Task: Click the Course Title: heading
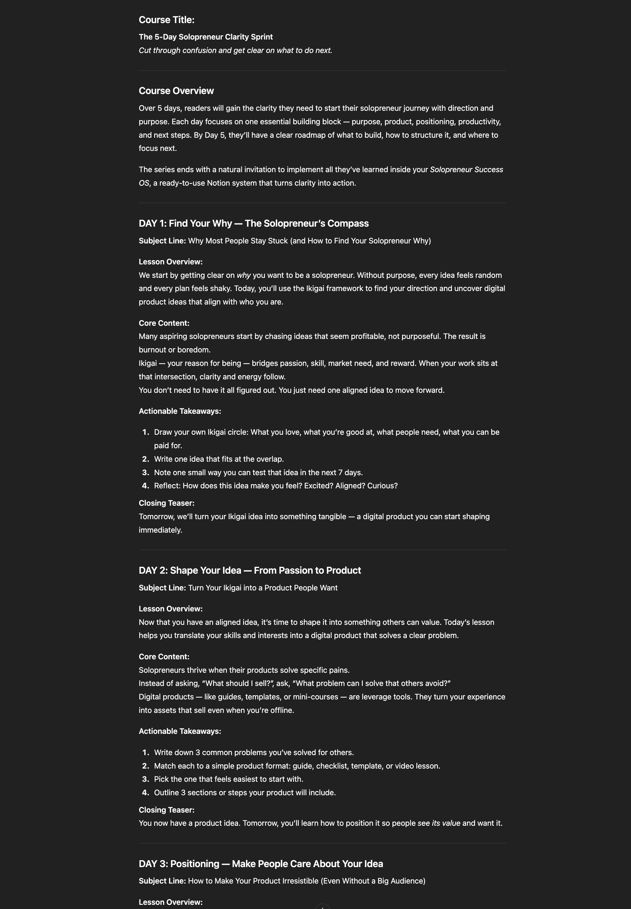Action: click(x=166, y=20)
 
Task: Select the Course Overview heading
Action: click(x=176, y=91)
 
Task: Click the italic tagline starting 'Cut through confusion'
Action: click(x=235, y=50)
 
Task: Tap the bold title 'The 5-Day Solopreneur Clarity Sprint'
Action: click(x=206, y=37)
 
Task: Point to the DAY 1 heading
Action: click(x=254, y=223)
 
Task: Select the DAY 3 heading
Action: click(x=260, y=863)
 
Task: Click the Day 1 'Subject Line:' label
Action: click(x=162, y=241)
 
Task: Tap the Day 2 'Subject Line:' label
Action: click(x=162, y=587)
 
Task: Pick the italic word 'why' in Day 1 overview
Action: click(x=244, y=275)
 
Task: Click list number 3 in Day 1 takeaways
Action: click(x=145, y=472)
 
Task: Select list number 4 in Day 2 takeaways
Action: click(x=145, y=792)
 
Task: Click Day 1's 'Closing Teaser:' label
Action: click(x=166, y=503)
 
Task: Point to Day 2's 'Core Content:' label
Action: click(x=164, y=656)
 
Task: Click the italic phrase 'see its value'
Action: click(x=439, y=823)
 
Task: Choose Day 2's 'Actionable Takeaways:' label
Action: click(x=180, y=731)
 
